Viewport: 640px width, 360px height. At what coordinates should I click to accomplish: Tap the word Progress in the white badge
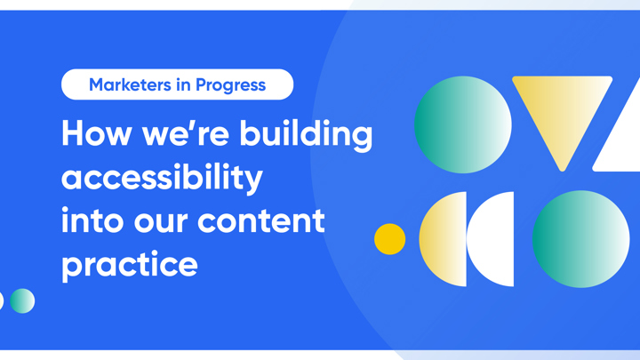point(230,85)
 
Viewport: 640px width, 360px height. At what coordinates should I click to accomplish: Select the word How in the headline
point(95,134)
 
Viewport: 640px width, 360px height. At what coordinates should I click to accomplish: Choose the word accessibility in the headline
point(162,177)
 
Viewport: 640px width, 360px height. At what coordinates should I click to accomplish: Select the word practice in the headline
point(129,264)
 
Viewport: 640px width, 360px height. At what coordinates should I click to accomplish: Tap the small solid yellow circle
point(389,239)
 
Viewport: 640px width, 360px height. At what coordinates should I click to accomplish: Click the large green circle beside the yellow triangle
point(462,124)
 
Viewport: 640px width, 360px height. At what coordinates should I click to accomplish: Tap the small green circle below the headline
point(22,301)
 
